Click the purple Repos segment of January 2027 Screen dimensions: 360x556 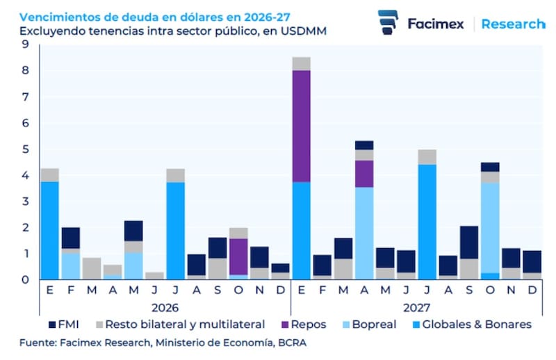tap(301, 126)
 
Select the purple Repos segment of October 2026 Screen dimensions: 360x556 tap(238, 256)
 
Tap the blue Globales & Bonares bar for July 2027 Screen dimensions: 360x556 tap(427, 222)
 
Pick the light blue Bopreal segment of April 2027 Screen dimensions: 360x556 tap(364, 233)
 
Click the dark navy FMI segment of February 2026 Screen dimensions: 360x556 tap(70, 238)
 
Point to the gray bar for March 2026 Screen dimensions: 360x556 tap(91, 268)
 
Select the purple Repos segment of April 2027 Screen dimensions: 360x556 tap(364, 174)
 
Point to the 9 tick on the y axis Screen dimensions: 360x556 tap(25, 45)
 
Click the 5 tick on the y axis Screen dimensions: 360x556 tap(25, 149)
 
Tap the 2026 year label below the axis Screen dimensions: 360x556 tap(165, 306)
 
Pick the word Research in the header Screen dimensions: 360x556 tap(512, 24)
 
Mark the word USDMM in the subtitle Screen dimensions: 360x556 tap(302, 31)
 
